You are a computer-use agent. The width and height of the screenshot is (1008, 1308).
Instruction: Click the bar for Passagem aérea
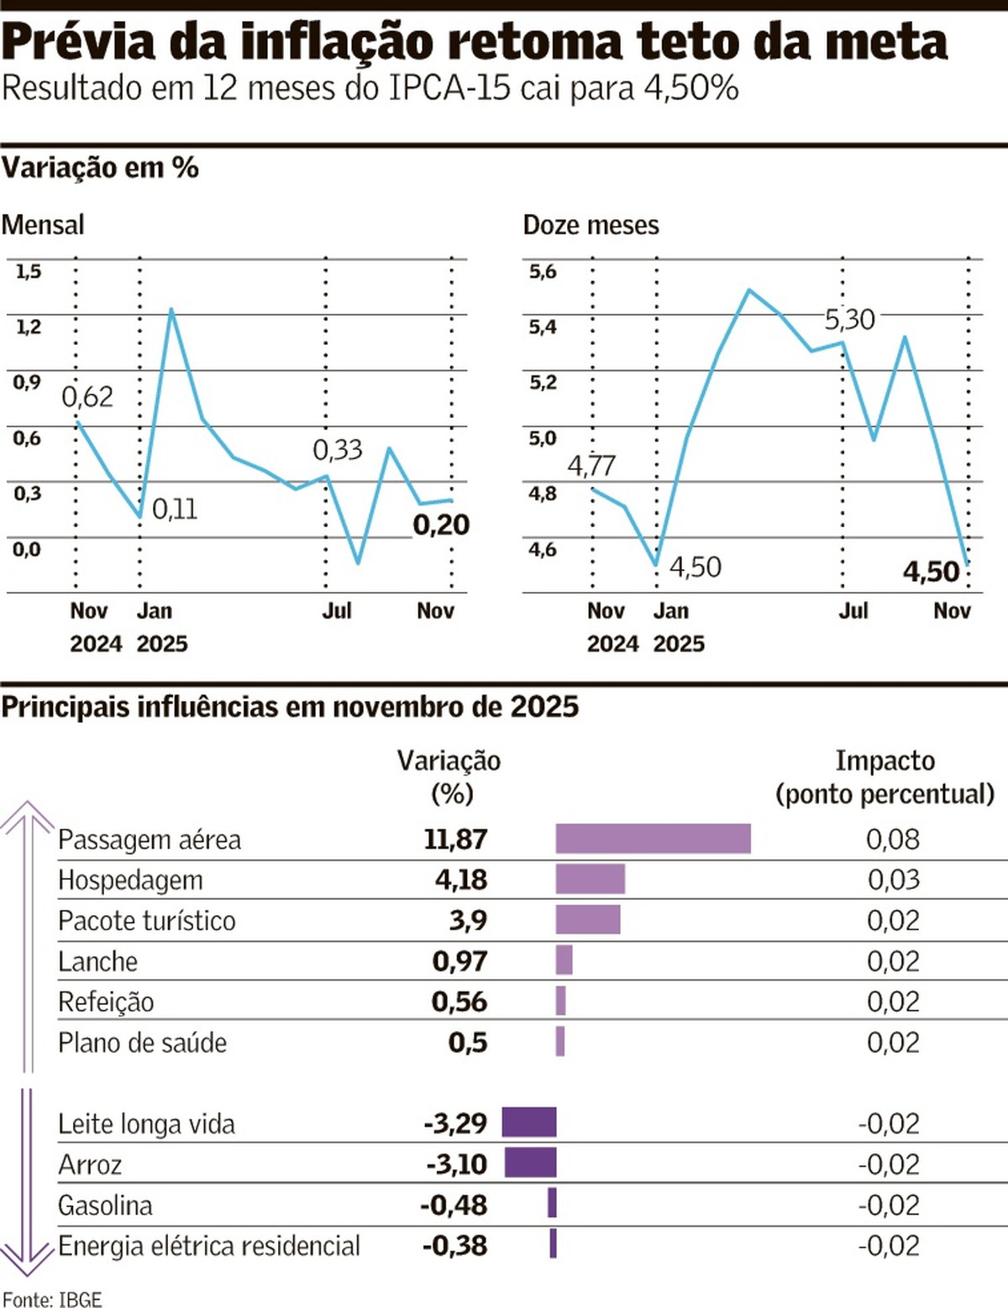click(x=653, y=839)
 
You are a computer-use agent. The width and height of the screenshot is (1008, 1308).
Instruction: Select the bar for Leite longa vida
click(x=529, y=1122)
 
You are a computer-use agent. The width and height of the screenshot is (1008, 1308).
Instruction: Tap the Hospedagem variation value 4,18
click(x=460, y=880)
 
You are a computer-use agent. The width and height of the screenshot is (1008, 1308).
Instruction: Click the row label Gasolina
click(x=105, y=1206)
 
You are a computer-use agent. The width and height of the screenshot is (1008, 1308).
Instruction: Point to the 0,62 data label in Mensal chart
click(x=87, y=396)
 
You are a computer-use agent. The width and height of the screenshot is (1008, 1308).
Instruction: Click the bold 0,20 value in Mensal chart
click(x=441, y=525)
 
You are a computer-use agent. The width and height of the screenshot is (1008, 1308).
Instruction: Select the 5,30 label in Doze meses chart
click(x=849, y=320)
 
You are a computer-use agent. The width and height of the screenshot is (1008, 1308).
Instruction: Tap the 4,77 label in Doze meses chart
click(x=591, y=465)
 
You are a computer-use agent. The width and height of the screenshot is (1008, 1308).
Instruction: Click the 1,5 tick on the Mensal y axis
click(x=28, y=271)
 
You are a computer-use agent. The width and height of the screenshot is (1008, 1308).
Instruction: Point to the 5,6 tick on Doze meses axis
click(x=543, y=271)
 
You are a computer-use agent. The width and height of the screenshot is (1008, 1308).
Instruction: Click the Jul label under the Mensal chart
click(x=337, y=610)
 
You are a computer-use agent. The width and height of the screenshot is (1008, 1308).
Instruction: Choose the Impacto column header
click(x=885, y=761)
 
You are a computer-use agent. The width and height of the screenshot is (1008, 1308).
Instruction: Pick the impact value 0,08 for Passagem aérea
click(x=892, y=839)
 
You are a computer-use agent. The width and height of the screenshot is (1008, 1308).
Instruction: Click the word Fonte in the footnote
click(x=25, y=1299)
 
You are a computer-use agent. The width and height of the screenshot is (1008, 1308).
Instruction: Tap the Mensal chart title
click(x=43, y=225)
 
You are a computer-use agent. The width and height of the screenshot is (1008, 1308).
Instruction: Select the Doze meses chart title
click(x=591, y=225)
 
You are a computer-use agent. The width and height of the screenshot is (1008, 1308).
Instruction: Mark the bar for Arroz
click(x=530, y=1164)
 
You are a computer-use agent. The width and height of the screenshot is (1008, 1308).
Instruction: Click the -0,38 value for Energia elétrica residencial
click(x=454, y=1246)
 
